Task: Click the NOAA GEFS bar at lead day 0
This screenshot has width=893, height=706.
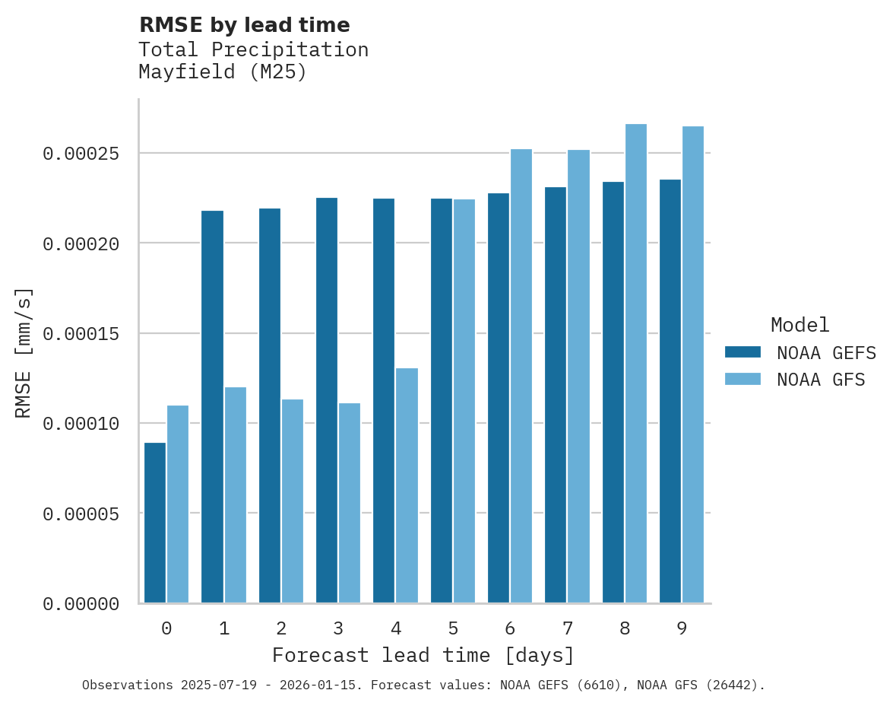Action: [x=155, y=523]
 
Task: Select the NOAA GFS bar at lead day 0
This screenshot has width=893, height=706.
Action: [x=178, y=504]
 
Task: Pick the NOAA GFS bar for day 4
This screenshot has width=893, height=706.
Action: [x=407, y=485]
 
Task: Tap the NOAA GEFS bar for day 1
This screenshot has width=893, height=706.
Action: [x=213, y=407]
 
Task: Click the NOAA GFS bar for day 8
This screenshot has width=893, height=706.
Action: [x=636, y=364]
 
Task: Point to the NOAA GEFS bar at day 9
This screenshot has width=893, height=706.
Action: [x=670, y=391]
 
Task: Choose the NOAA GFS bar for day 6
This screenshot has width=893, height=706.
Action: [x=521, y=376]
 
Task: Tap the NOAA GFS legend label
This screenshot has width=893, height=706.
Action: [x=821, y=380]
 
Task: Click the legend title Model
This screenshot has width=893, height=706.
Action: [x=800, y=325]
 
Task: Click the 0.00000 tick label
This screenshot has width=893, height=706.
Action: [x=81, y=604]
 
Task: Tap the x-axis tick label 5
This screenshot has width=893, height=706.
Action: [x=453, y=629]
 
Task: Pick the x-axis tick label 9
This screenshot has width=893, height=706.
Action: [x=682, y=629]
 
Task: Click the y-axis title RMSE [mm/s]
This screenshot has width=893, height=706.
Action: [x=24, y=353]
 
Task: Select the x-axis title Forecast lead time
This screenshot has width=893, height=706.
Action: [x=423, y=655]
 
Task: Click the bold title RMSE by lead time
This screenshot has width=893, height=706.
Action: [x=245, y=25]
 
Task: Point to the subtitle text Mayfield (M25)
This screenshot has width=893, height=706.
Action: [x=223, y=73]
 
